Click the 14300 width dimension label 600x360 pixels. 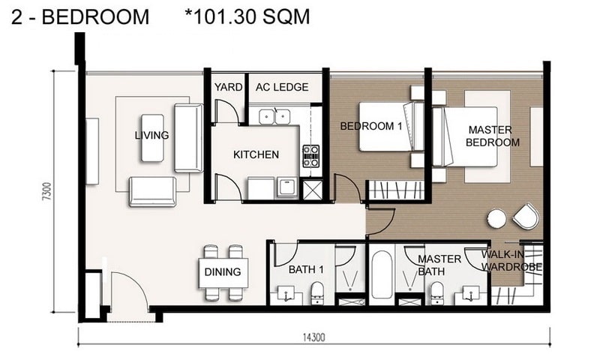click(313, 337)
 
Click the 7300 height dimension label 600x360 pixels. click(46, 192)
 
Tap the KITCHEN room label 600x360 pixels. click(256, 154)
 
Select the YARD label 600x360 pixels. click(228, 87)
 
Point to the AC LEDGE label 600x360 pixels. click(282, 87)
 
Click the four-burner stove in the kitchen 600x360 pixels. click(310, 156)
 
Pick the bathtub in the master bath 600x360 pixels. click(382, 274)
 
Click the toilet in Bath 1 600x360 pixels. click(316, 292)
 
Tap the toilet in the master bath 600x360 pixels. click(436, 293)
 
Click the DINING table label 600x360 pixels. click(223, 272)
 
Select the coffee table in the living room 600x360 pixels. click(152, 137)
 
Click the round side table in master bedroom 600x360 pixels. click(496, 219)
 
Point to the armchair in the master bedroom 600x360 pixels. click(526, 217)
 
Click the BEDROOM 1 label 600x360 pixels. click(371, 126)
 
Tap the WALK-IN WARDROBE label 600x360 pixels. click(511, 260)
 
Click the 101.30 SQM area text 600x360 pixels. click(247, 16)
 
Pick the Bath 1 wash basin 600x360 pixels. click(286, 294)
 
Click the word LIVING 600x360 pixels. click(152, 135)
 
